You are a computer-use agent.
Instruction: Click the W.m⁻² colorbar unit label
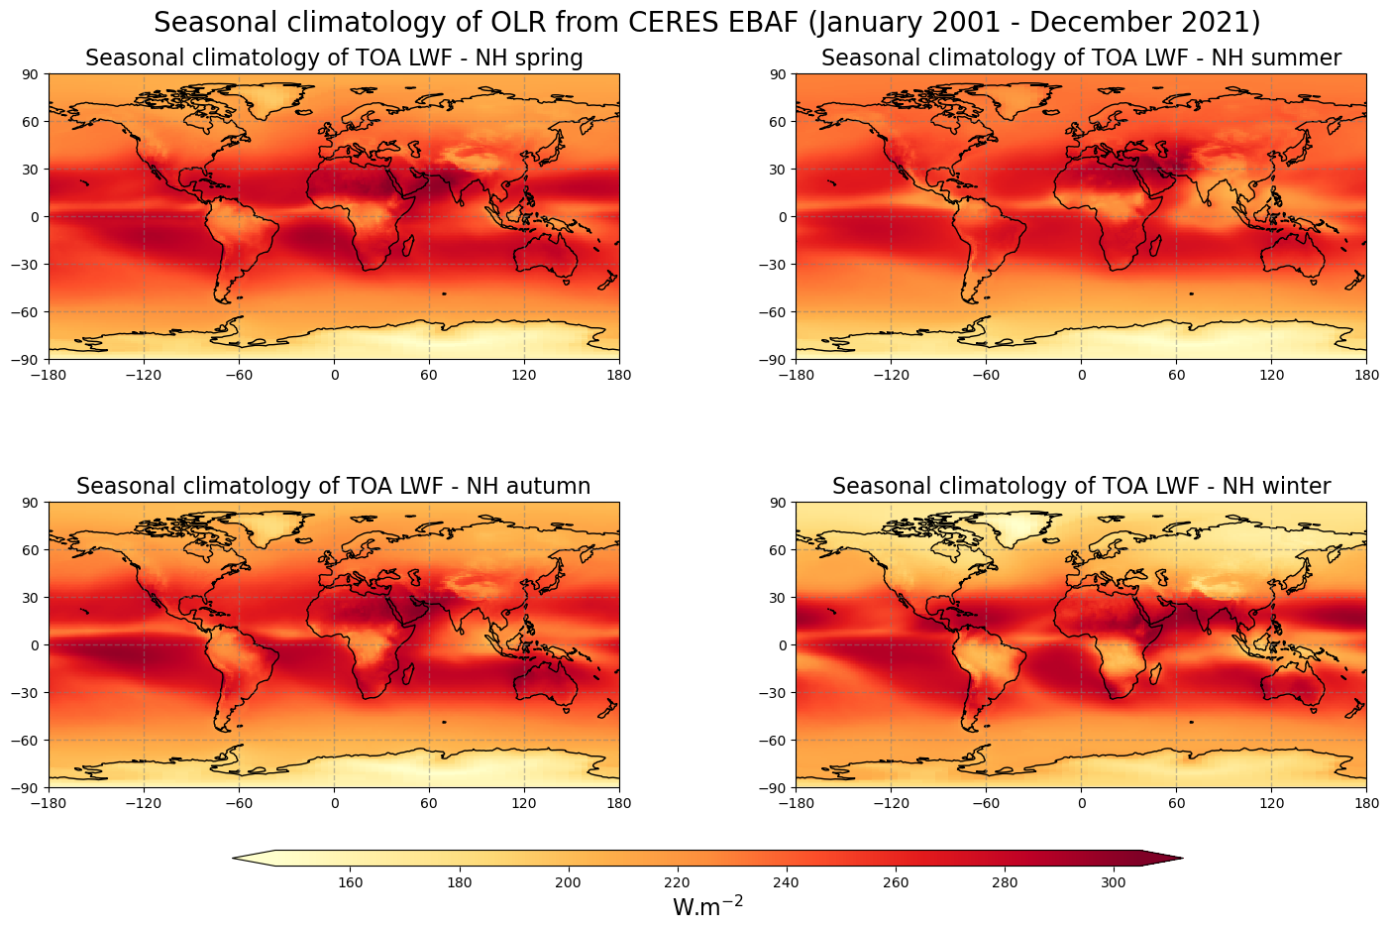point(707,907)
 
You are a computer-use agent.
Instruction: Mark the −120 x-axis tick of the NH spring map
point(144,375)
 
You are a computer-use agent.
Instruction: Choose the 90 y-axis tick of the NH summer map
point(778,74)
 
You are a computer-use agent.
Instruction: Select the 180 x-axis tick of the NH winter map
point(1366,803)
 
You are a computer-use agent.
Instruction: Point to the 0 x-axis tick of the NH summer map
point(1081,375)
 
